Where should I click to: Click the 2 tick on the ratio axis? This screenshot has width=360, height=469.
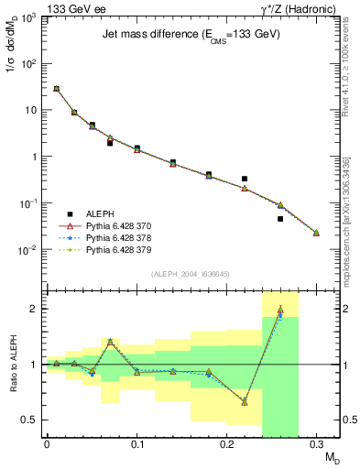point(33,309)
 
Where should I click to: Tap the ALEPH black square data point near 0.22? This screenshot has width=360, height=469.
point(245,179)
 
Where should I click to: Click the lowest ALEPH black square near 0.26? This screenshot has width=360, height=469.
point(280,219)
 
